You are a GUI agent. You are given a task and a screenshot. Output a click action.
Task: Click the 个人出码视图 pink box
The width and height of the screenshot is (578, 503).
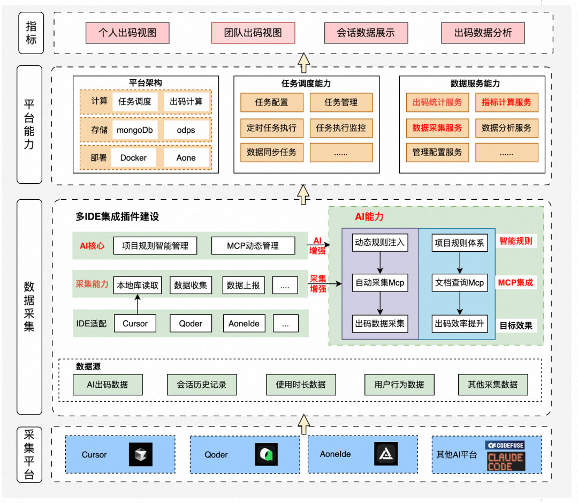(x=127, y=33)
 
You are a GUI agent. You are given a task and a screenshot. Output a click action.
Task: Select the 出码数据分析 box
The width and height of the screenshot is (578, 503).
(x=483, y=33)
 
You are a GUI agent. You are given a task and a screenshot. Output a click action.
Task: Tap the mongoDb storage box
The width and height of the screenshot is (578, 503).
(x=134, y=130)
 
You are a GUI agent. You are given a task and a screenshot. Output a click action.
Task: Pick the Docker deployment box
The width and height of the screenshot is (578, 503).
(x=133, y=158)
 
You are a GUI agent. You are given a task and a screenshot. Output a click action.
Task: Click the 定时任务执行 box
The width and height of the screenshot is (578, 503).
(x=271, y=129)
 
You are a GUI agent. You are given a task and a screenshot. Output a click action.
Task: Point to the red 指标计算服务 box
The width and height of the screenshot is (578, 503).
(x=506, y=102)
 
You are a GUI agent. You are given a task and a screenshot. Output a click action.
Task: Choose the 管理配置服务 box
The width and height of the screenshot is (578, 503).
(x=437, y=152)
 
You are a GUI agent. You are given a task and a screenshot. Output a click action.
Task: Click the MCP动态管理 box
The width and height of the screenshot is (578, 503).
(x=253, y=246)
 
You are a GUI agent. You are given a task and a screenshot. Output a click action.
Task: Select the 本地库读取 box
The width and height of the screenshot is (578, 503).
(x=138, y=286)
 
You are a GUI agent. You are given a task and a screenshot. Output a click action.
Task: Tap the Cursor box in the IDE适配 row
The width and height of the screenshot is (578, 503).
(x=135, y=324)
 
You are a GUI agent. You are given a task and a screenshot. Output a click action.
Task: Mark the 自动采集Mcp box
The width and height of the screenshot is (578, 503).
(x=380, y=282)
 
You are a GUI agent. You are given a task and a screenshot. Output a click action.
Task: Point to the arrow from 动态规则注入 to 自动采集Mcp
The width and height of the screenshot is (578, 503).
(x=380, y=262)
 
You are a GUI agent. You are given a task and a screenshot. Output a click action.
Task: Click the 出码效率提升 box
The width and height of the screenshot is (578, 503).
(x=460, y=323)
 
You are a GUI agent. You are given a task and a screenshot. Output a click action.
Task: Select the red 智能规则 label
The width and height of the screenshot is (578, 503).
(x=515, y=242)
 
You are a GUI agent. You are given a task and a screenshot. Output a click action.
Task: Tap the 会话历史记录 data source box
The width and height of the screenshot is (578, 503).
(x=201, y=385)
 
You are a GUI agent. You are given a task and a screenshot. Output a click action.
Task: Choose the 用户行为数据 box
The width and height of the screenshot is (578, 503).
(x=399, y=385)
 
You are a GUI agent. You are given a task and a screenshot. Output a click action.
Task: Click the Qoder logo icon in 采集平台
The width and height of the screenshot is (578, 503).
(x=266, y=454)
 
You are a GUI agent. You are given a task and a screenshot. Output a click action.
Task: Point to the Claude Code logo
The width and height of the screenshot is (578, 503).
(x=506, y=461)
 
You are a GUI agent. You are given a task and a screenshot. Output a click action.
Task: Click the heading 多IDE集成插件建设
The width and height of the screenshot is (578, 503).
(x=117, y=217)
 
